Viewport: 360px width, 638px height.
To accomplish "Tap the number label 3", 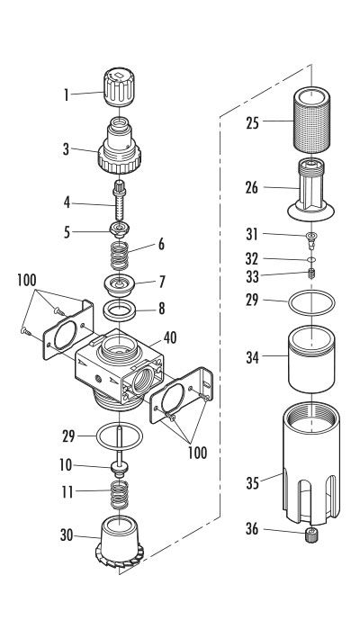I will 66,150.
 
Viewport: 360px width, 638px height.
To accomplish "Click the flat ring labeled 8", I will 122,314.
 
